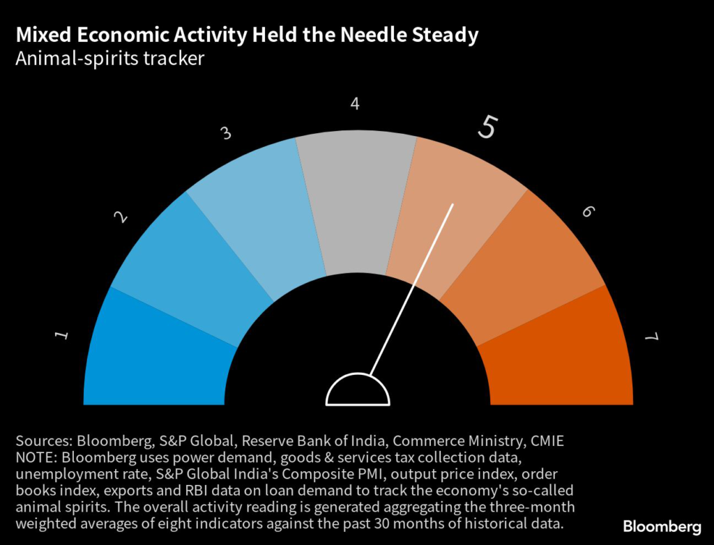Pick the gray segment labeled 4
356,202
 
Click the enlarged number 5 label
488,127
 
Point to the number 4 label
355,105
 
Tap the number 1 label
62,336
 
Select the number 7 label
651,337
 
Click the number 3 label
226,133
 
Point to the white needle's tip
453,205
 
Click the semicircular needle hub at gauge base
358,392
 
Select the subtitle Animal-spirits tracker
110,58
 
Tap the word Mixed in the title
43,35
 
